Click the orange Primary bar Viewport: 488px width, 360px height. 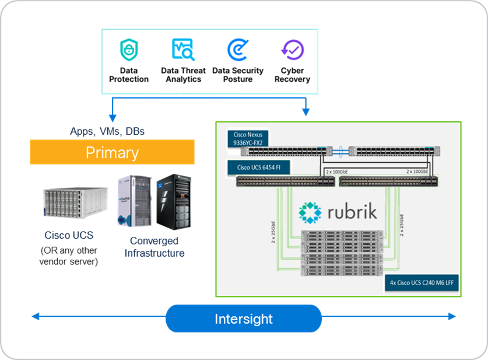point(112,153)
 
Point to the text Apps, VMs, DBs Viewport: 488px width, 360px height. point(107,132)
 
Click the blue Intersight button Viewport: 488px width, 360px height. point(243,319)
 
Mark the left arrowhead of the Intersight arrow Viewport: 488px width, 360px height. point(34,317)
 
